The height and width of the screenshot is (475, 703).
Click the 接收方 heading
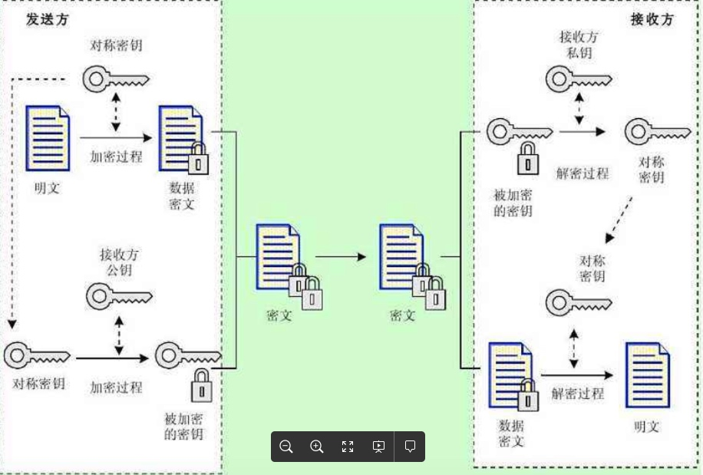click(651, 19)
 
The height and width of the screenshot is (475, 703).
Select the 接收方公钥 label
click(119, 262)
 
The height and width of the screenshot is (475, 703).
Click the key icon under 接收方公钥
click(118, 296)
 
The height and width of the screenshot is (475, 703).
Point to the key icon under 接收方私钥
click(578, 78)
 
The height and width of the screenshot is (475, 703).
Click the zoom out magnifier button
click(286, 447)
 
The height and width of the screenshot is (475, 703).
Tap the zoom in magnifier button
click(317, 447)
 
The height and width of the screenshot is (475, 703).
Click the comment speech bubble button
click(410, 447)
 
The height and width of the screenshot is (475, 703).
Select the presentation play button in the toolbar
click(378, 447)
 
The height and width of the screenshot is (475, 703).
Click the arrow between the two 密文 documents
click(340, 256)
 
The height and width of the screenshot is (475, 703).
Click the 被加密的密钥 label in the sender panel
click(183, 426)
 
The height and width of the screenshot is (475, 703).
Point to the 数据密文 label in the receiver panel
click(511, 433)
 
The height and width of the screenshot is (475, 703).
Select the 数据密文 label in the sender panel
click(182, 196)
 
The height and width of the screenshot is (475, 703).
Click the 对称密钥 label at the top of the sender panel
click(116, 45)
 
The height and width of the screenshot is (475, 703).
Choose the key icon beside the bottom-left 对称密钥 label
click(38, 355)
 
